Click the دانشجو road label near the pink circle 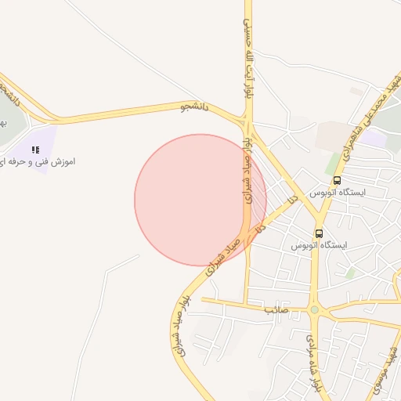[196, 106]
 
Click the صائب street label [276, 309]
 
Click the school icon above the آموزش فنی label [34, 149]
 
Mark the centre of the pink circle [200, 200]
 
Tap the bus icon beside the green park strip [336, 179]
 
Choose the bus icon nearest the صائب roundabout [319, 233]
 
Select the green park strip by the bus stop [334, 163]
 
